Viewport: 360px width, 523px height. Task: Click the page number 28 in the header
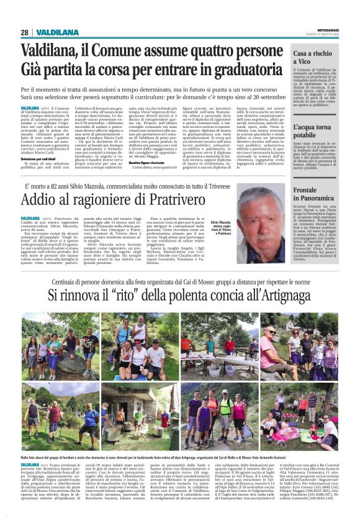(25, 32)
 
